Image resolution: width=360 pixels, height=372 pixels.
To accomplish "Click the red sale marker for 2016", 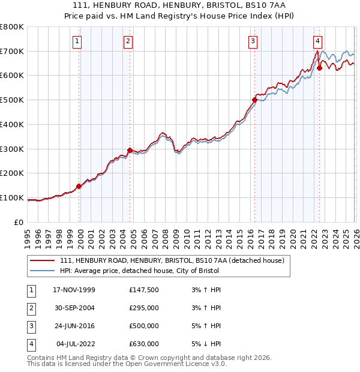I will (x=254, y=100).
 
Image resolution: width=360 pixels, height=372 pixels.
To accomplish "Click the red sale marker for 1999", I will (x=79, y=186).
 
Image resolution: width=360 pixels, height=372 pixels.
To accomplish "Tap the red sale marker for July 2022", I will (x=319, y=68).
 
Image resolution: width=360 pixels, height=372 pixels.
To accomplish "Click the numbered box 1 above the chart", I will (x=78, y=41).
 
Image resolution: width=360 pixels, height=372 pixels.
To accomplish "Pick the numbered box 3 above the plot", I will (x=253, y=41).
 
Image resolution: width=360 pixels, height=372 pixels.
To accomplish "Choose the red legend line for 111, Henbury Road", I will (x=42, y=260).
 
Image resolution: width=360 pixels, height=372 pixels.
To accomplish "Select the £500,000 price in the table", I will (x=143, y=326).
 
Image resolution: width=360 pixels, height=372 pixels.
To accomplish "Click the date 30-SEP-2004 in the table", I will (x=74, y=308).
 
